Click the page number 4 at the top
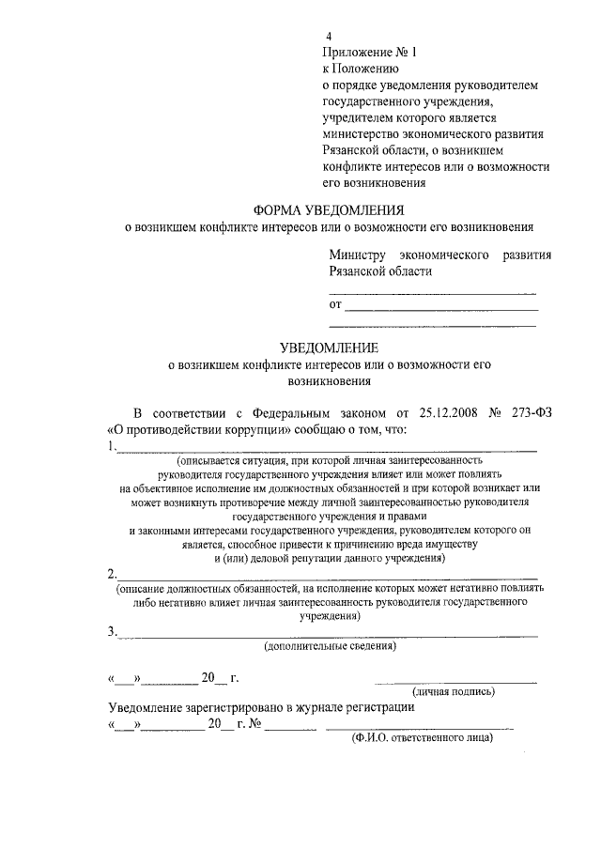(x=329, y=37)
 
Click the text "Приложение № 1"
(x=362, y=53)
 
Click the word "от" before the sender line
(x=335, y=304)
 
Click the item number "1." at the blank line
(x=113, y=445)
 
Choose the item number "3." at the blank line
(x=113, y=631)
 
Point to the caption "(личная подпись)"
(x=455, y=691)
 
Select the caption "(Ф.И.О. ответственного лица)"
(x=422, y=737)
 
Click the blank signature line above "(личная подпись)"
(x=455, y=679)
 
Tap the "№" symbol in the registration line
(x=254, y=723)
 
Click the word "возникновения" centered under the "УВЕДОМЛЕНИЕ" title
(x=324, y=381)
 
